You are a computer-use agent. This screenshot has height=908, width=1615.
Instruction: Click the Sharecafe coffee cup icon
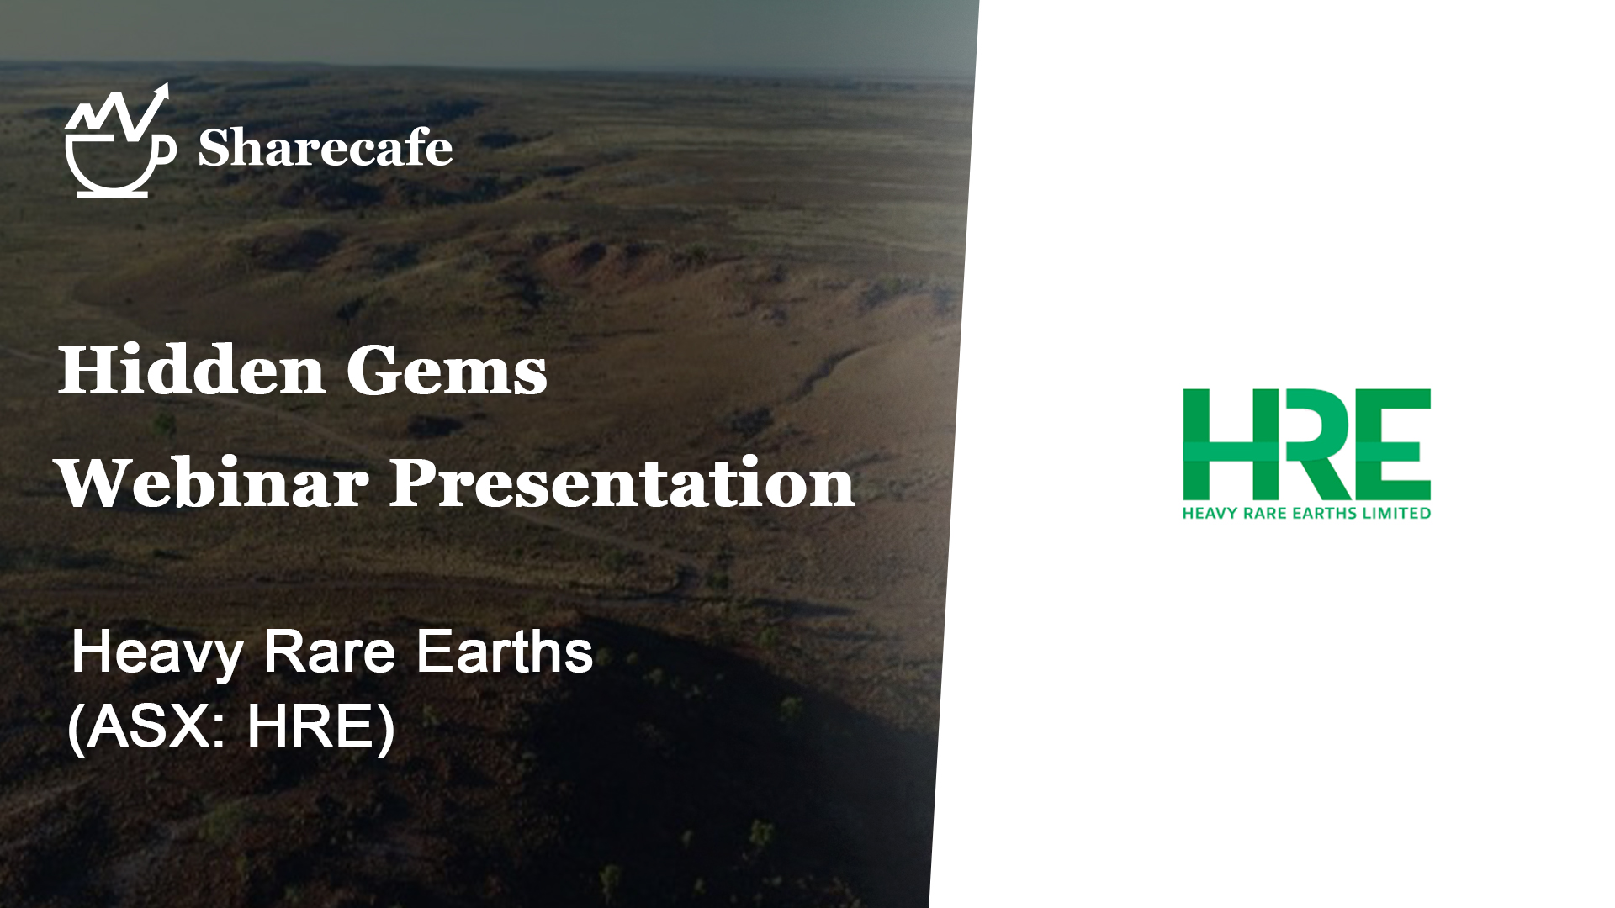coord(119,141)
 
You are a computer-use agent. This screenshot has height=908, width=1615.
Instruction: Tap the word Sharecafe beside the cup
coord(326,148)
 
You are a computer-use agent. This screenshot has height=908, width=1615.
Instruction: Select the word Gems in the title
coord(447,371)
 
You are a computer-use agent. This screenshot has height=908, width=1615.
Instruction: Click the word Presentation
coord(622,483)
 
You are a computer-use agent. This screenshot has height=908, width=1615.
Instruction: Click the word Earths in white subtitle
coord(505,652)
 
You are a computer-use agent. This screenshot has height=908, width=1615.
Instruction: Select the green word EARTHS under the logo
coord(1325,513)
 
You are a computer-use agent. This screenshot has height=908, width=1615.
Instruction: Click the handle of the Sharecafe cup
coord(167,150)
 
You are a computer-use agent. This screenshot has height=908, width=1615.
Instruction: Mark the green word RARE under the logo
coord(1262,513)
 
